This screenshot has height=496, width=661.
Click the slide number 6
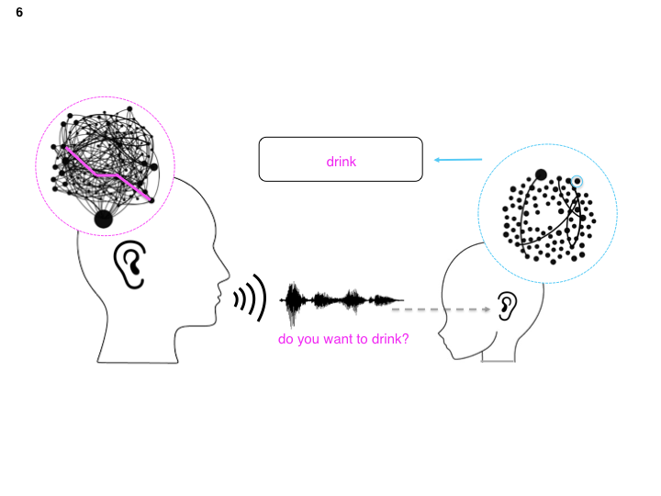pyautogui.click(x=19, y=13)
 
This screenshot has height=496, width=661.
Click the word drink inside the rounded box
pyautogui.click(x=341, y=162)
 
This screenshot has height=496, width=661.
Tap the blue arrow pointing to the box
pyautogui.click(x=457, y=161)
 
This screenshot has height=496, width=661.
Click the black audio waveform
pyautogui.click(x=341, y=300)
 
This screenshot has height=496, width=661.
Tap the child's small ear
pyautogui.click(x=506, y=307)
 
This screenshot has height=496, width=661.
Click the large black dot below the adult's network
pyautogui.click(x=103, y=219)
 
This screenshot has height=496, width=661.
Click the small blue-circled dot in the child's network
pyautogui.click(x=577, y=182)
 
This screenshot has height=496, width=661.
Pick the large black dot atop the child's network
pyautogui.click(x=541, y=175)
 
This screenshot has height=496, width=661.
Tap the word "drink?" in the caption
pyautogui.click(x=390, y=339)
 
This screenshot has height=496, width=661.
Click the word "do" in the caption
pyautogui.click(x=286, y=339)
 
